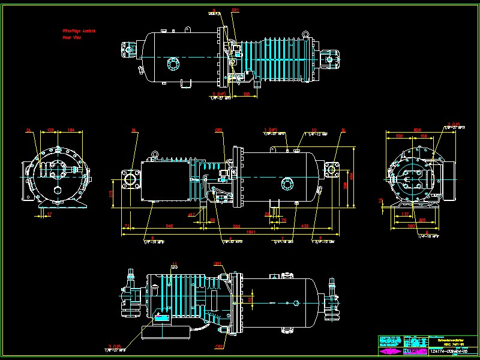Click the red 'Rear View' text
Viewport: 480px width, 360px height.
(x=72, y=37)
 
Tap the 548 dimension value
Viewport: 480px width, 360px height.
(x=170, y=226)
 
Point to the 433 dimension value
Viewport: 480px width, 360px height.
(x=305, y=226)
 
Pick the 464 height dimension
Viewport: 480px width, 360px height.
(x=353, y=175)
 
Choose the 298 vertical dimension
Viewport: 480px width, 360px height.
(x=345, y=186)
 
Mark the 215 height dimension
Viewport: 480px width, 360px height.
(x=111, y=193)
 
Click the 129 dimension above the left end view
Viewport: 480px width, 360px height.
(x=51, y=130)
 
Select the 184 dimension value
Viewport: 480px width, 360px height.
(x=71, y=130)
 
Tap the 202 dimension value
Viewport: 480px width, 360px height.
(x=399, y=136)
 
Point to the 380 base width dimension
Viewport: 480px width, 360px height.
(x=412, y=226)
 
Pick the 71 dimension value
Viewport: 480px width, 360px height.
(x=127, y=226)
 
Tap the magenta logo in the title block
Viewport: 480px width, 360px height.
(x=391, y=350)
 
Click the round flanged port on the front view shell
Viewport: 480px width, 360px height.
(x=289, y=183)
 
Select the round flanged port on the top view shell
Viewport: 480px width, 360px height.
(x=173, y=64)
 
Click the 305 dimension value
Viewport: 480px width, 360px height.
(x=422, y=220)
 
